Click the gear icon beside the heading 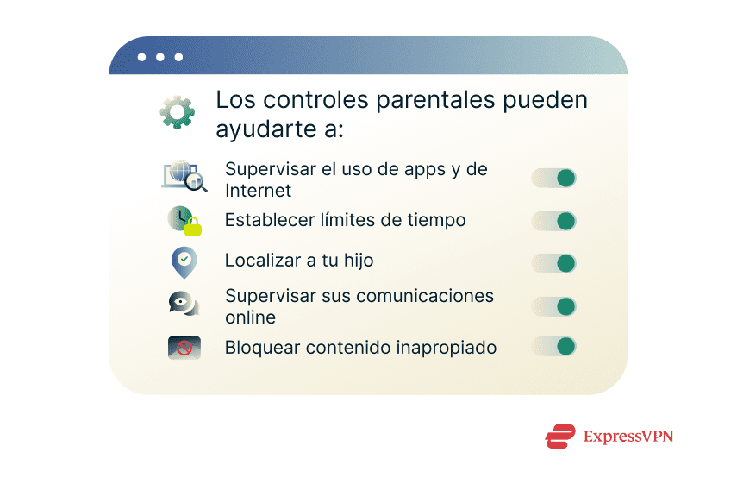(177, 112)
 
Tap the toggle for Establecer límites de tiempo (553, 221)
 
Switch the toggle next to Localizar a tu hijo (553, 263)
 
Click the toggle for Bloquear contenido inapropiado (553, 347)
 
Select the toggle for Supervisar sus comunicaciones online (553, 306)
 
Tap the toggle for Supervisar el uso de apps (553, 179)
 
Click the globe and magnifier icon (184, 175)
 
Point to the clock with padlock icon (184, 221)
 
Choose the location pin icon (184, 262)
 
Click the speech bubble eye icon (184, 304)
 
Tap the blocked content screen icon (184, 348)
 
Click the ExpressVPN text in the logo (628, 437)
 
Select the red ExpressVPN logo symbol (560, 437)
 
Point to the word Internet (258, 191)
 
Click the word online (250, 317)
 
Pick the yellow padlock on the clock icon (193, 228)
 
